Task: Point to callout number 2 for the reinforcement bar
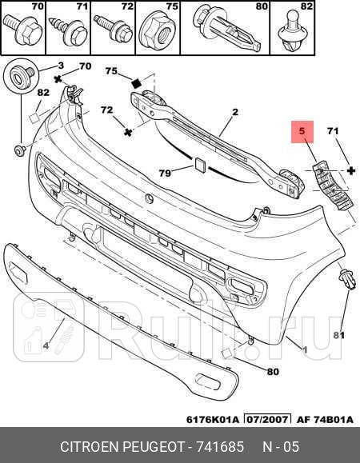coord(235,113)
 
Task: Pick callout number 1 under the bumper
coord(305,349)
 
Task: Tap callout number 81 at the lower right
coord(337,334)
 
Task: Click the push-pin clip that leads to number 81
coord(346,280)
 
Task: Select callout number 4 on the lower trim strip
coord(46,345)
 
